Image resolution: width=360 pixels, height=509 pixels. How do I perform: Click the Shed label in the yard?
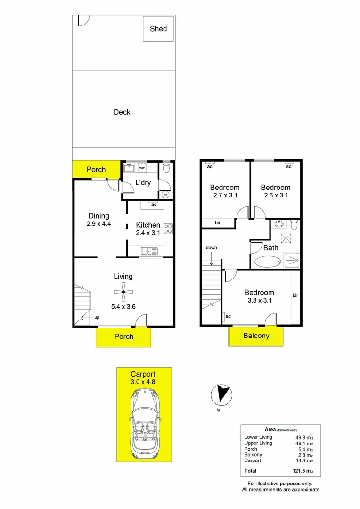click(x=158, y=29)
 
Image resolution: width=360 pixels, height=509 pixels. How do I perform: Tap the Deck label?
click(x=122, y=112)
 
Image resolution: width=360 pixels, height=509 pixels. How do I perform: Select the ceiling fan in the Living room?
click(x=123, y=292)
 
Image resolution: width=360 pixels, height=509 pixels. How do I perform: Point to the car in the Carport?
click(x=144, y=427)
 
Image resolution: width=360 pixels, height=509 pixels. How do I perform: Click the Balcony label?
click(x=256, y=336)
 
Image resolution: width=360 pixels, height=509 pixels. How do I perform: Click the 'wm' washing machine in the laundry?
click(x=142, y=167)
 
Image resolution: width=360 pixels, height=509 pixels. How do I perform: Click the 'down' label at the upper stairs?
click(x=211, y=247)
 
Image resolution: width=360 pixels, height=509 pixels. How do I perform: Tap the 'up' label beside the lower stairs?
click(x=97, y=317)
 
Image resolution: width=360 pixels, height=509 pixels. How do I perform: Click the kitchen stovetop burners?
click(x=168, y=228)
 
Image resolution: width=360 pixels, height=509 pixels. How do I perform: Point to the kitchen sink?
click(x=149, y=252)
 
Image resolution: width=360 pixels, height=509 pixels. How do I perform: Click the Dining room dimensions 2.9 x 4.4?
click(x=99, y=224)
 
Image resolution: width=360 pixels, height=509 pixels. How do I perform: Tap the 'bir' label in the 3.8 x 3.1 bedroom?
click(x=295, y=296)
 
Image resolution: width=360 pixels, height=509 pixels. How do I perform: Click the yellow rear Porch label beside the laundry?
click(x=96, y=169)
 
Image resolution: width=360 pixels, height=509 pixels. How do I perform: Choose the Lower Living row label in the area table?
click(x=258, y=437)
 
